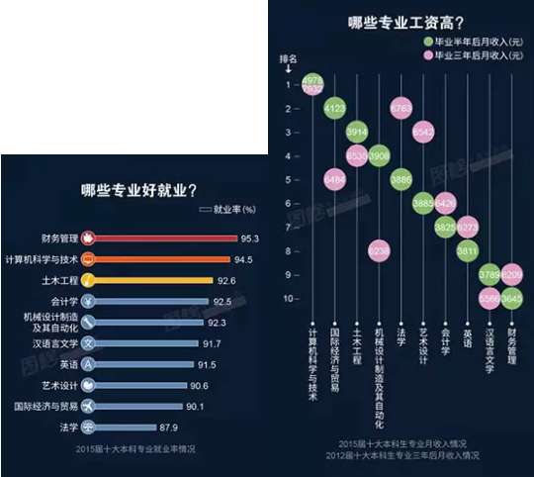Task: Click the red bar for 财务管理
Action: [158, 238]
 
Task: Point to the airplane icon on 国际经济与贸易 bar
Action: [88, 407]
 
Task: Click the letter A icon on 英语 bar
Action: [88, 364]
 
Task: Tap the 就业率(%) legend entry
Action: [229, 210]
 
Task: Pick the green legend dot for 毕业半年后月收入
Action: [427, 43]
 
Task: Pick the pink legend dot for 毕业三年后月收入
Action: [427, 57]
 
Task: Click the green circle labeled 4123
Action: [335, 108]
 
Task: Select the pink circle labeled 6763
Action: [400, 108]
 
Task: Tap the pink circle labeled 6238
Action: [379, 251]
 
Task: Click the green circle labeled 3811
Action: [468, 251]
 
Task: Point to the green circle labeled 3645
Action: [511, 298]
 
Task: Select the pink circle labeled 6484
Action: [335, 179]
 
